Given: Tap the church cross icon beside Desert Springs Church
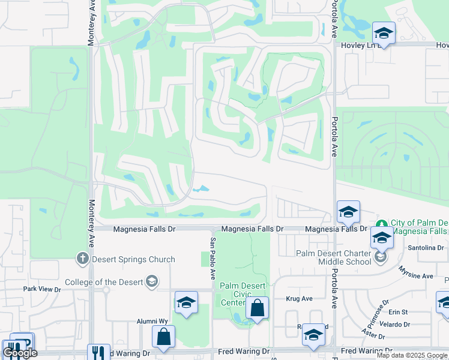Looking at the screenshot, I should point(82,259).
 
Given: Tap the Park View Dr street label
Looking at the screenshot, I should point(42,289).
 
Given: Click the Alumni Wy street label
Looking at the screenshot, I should point(146,321).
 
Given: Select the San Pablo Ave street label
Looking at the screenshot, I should point(212,258).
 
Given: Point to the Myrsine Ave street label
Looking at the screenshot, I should point(419,276).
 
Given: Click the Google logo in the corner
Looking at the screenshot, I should point(20,353).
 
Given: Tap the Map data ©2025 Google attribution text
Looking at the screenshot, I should point(412,355).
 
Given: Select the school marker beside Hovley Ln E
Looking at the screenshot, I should point(383,32).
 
